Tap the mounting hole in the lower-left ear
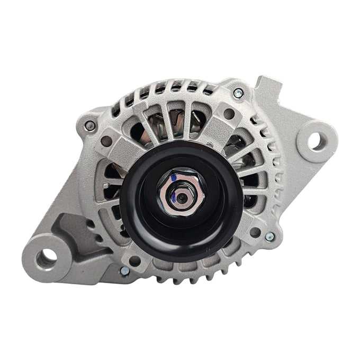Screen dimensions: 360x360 [47, 257]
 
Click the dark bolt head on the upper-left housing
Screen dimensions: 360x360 [91, 125]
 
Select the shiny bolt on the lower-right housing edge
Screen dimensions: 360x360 [269, 237]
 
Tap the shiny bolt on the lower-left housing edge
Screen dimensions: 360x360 [125, 271]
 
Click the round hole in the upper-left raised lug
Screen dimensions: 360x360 [106, 141]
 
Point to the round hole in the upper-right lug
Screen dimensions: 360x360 [229, 113]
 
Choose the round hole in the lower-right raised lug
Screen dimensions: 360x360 [255, 231]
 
